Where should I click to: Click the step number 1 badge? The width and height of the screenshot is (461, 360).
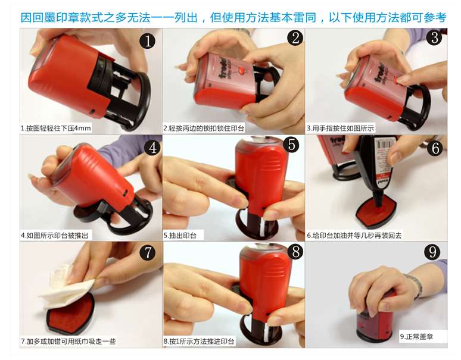[148, 40]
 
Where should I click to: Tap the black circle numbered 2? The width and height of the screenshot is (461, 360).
[295, 37]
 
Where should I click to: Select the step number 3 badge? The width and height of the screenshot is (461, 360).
[435, 37]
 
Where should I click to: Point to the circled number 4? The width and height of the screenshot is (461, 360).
[152, 148]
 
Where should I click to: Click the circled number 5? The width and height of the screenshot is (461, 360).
[291, 145]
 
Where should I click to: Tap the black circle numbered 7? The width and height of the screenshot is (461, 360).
[148, 252]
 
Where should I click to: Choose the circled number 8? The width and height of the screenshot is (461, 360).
[295, 252]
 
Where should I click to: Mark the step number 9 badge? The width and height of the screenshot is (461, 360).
[432, 252]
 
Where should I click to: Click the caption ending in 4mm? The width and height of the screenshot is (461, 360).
[56, 129]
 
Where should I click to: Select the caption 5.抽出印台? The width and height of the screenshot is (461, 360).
[180, 236]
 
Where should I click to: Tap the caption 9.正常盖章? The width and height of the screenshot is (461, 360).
[416, 337]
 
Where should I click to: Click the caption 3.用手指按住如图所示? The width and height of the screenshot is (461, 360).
[341, 129]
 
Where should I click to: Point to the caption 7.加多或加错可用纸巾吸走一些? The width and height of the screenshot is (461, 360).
[68, 341]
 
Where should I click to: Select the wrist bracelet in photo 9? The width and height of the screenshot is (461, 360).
[414, 286]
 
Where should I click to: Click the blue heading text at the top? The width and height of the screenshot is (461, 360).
[233, 17]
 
